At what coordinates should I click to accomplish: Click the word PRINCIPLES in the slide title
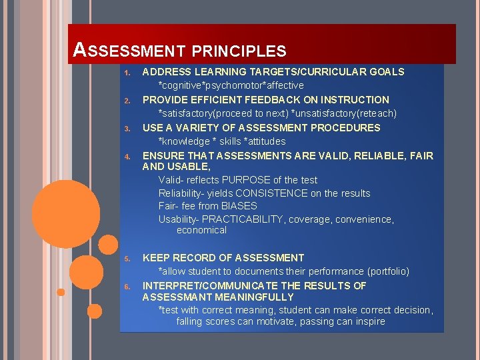[x=240, y=51]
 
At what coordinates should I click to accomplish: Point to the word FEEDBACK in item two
[x=275, y=99]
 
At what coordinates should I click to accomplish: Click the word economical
[x=201, y=230]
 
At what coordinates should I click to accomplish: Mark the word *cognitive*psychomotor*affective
[x=231, y=85]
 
